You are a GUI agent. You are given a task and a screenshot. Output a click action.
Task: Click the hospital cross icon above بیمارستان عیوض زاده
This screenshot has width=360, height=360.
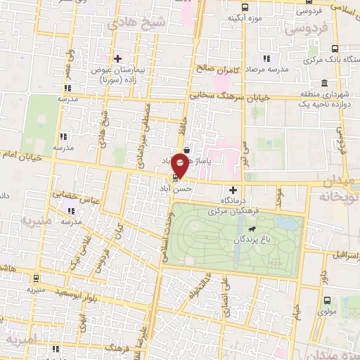point(117,58)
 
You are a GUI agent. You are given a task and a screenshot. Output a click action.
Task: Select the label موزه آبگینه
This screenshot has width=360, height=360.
point(225,17)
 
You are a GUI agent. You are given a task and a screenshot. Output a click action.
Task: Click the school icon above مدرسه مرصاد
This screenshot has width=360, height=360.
point(266,58)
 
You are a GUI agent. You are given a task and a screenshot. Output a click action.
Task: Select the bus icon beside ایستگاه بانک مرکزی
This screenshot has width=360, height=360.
point(335,49)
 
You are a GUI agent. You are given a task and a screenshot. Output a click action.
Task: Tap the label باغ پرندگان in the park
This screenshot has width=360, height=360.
point(239,240)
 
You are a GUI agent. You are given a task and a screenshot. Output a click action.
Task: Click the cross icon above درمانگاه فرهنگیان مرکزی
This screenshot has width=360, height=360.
point(233,190)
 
